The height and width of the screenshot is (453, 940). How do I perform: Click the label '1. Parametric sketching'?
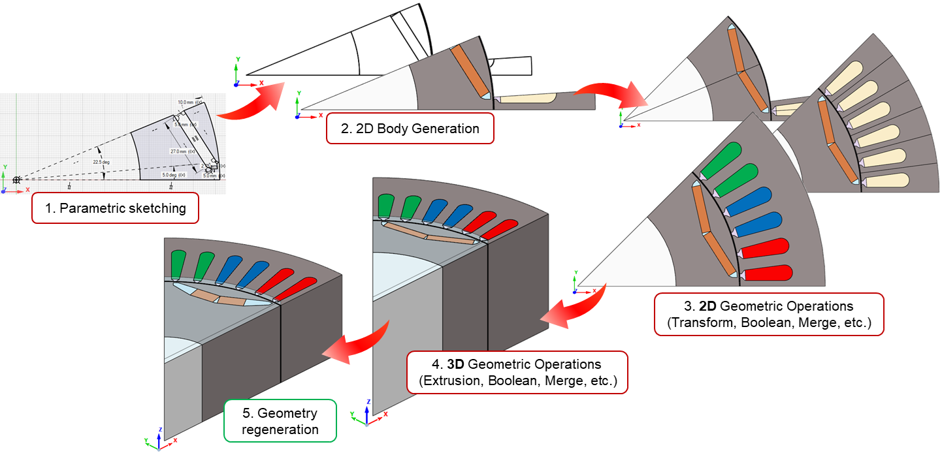[114, 209]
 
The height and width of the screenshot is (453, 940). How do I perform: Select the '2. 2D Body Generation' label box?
[410, 129]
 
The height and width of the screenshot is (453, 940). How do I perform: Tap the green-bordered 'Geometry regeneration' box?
[280, 421]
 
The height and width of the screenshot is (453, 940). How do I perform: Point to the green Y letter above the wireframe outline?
[238, 59]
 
